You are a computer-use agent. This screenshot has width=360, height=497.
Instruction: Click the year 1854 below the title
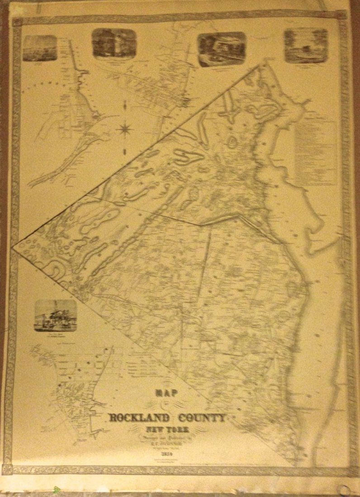coord(168,454)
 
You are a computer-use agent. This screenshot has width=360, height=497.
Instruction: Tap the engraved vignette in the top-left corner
coord(40,48)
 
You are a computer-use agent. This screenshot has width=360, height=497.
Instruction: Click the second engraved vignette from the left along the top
coord(114,43)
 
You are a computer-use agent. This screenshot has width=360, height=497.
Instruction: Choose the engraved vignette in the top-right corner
coord(306,46)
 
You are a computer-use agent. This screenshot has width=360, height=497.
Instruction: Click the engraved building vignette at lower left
coord(55,315)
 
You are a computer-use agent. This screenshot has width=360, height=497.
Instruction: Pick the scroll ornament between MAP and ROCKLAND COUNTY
coord(168,405)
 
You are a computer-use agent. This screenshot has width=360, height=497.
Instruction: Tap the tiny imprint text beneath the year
coord(168,461)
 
